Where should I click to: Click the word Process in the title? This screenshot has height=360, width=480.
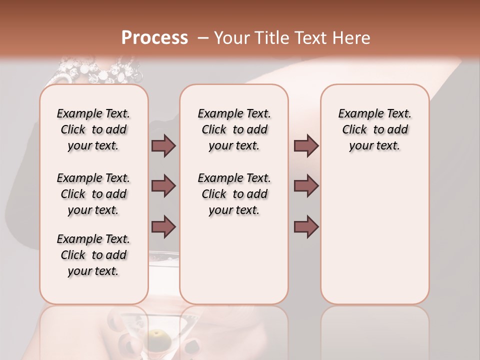(x=154, y=38)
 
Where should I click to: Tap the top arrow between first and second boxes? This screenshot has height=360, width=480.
(x=163, y=146)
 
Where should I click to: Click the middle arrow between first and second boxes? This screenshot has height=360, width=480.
(x=163, y=186)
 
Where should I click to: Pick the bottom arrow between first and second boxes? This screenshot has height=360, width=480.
(x=163, y=226)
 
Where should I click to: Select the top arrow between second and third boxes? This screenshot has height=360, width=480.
(x=306, y=146)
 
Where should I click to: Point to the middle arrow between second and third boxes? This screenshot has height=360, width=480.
(x=306, y=186)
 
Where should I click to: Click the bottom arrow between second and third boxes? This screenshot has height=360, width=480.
(x=306, y=226)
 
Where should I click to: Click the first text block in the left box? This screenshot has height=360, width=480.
(x=93, y=129)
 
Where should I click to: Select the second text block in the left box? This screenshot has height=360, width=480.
(x=93, y=194)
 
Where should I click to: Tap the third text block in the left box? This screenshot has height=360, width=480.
(x=93, y=255)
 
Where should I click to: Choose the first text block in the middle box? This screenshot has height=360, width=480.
(x=234, y=129)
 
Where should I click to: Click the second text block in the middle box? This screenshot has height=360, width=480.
(x=234, y=194)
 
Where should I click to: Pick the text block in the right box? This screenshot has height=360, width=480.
(x=375, y=129)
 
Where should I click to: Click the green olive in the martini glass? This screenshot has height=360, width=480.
(x=159, y=334)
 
